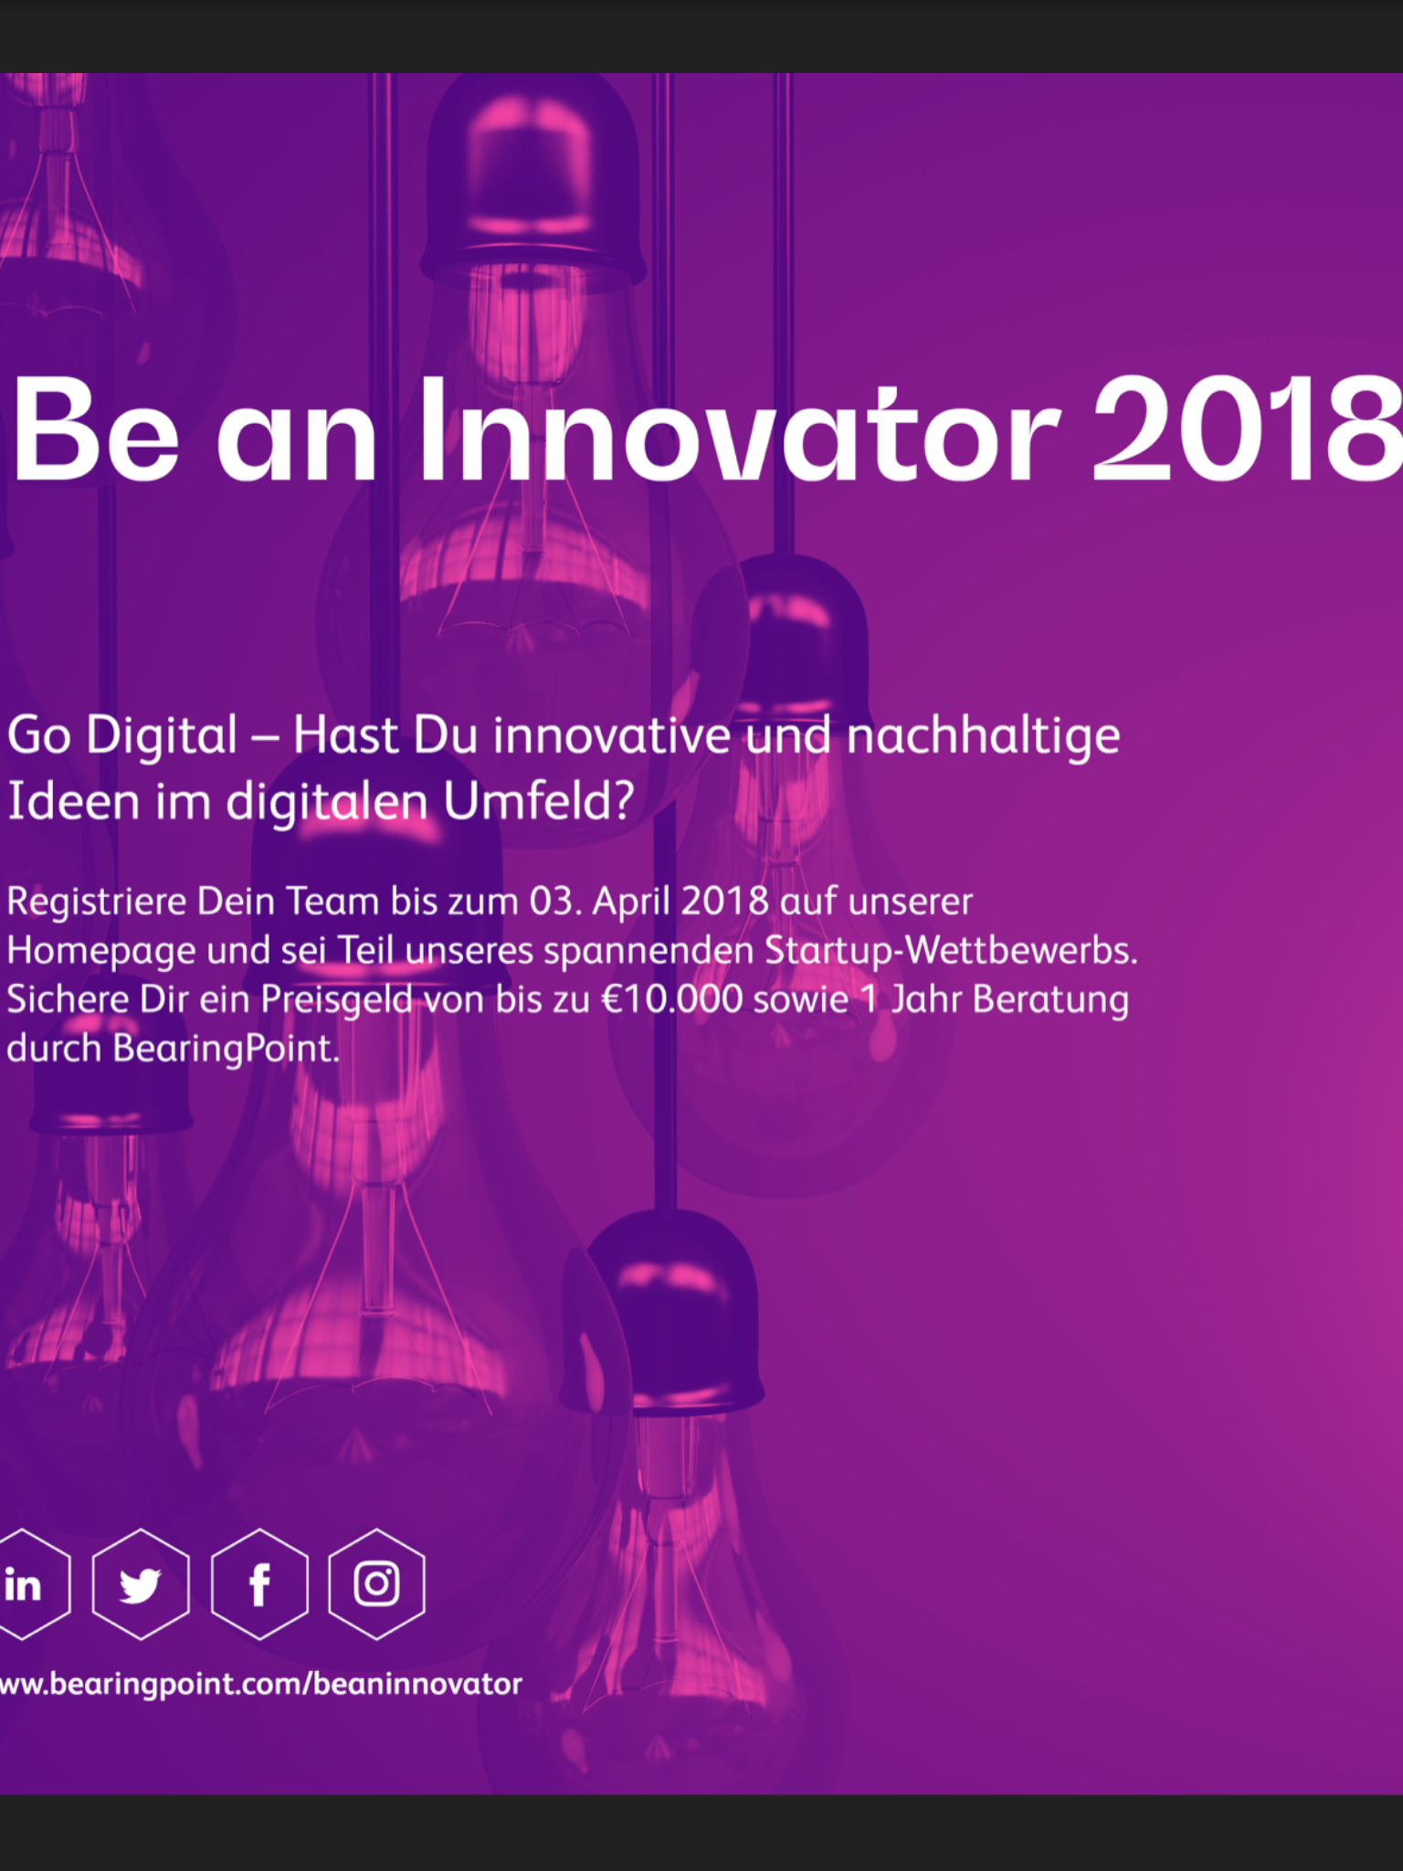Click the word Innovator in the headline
tap(739, 429)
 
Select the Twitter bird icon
tap(141, 1584)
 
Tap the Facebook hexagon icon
tap(259, 1584)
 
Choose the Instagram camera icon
tap(376, 1584)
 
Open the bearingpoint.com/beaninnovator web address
tap(260, 1684)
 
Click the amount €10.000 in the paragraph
tap(671, 999)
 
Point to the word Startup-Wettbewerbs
tap(951, 950)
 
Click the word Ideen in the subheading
tap(73, 800)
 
